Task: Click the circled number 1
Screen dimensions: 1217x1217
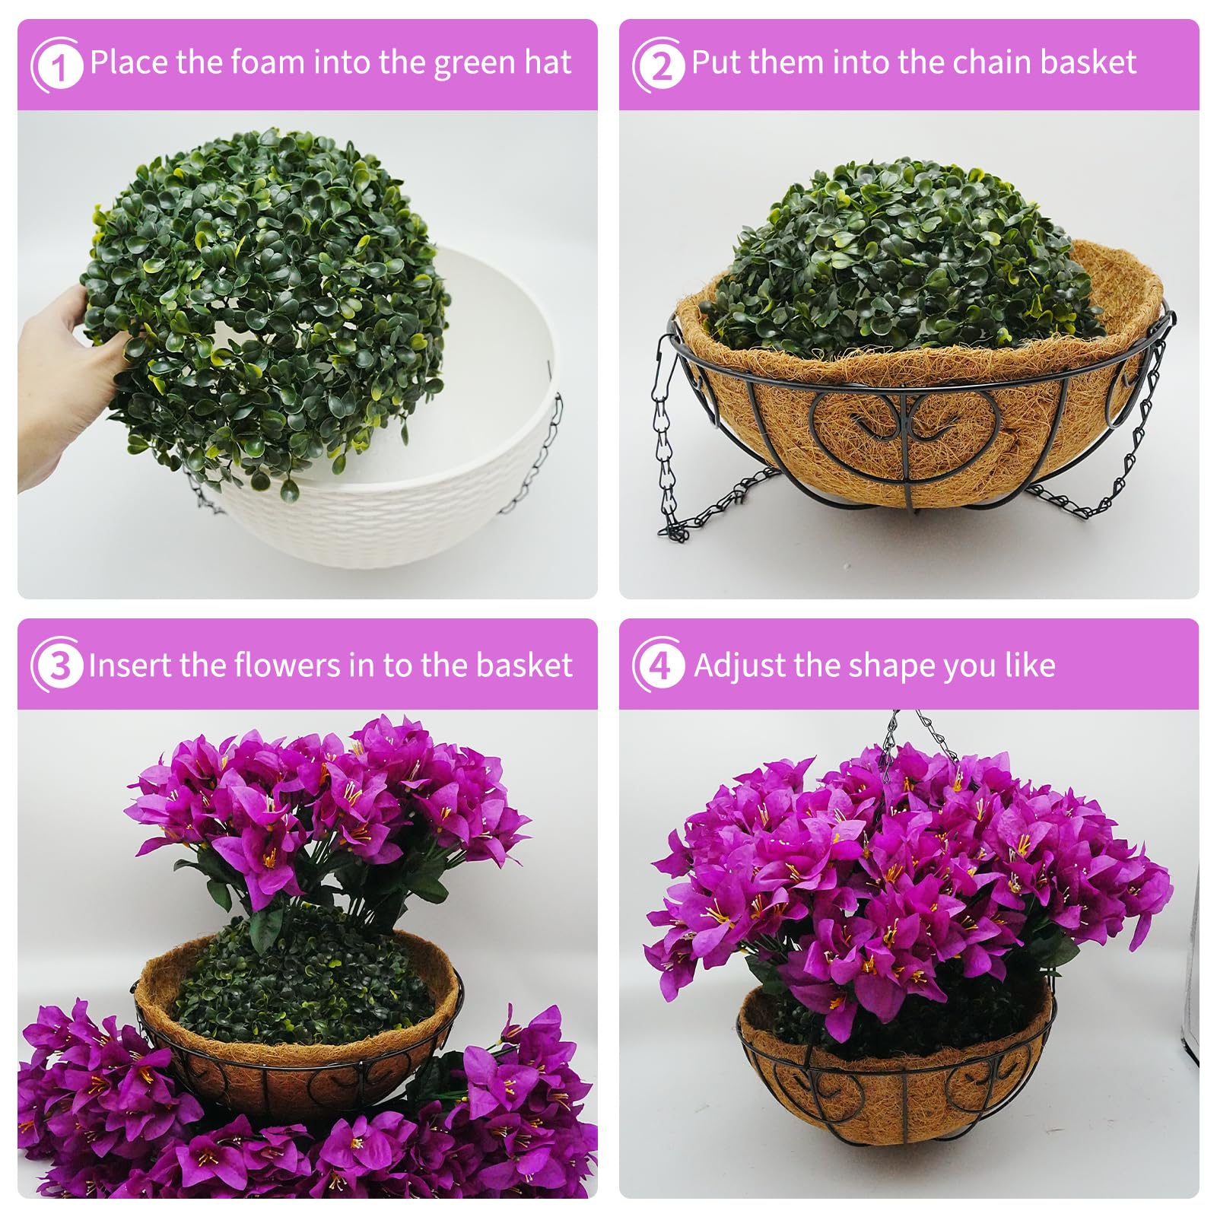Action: click(x=57, y=65)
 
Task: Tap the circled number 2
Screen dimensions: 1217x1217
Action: click(x=659, y=65)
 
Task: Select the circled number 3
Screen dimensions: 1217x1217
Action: click(x=57, y=666)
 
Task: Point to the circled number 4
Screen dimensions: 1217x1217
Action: click(x=659, y=666)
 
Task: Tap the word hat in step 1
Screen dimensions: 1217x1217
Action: click(x=547, y=62)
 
